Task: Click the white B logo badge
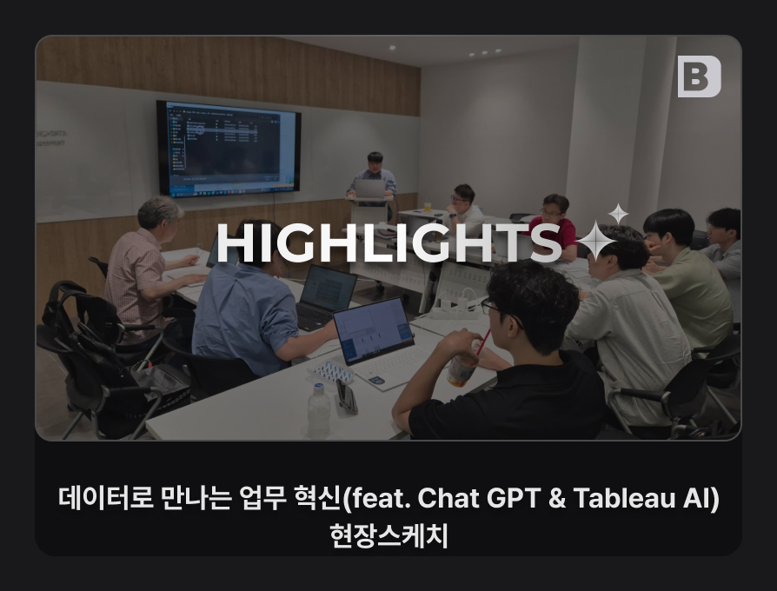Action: tap(699, 76)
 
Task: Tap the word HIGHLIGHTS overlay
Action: tap(389, 242)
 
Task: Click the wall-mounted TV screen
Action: tap(229, 148)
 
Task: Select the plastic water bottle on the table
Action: tap(319, 410)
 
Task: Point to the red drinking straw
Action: tap(483, 342)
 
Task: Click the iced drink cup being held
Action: tap(462, 366)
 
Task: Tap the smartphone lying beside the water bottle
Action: tap(347, 395)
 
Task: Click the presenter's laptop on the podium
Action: tap(369, 189)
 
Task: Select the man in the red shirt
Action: tap(555, 222)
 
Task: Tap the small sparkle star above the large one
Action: tap(618, 214)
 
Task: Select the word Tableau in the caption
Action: tap(624, 497)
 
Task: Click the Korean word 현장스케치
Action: tap(389, 535)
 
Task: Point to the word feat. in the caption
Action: tap(381, 497)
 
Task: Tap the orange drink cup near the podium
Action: tap(427, 206)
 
